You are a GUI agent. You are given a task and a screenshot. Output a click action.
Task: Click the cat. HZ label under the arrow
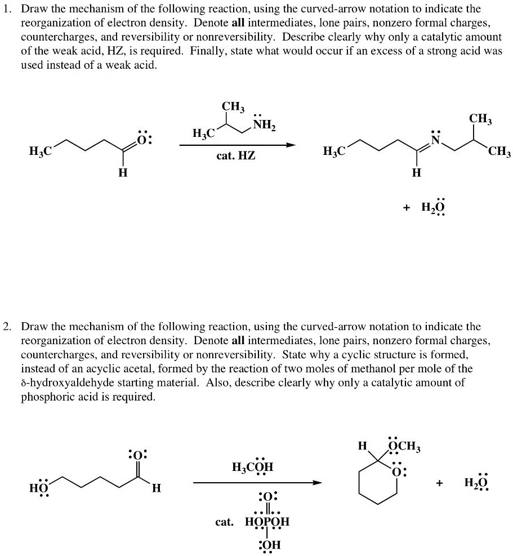pos(236,155)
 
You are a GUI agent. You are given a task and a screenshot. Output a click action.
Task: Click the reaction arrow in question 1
pos(237,145)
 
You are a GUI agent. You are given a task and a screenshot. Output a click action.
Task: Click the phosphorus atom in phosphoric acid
pos(267,522)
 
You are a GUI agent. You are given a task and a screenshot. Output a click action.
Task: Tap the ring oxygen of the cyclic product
pos(398,472)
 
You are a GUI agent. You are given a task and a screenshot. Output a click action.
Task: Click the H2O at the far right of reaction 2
pos(476,483)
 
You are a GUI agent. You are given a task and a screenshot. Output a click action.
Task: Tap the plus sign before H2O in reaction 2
pos(438,483)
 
